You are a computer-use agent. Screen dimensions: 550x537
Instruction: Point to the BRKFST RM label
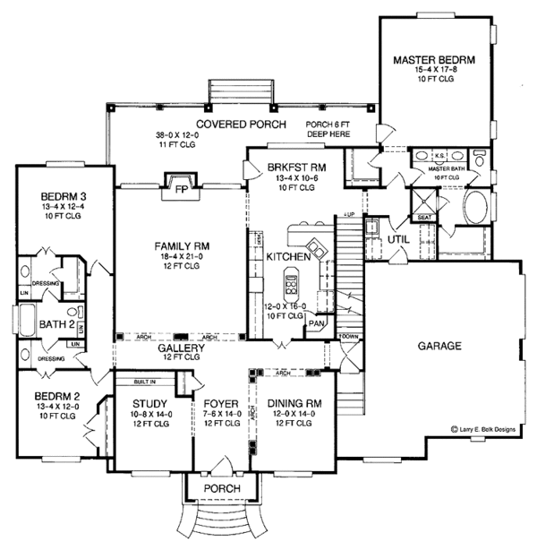pos(294,168)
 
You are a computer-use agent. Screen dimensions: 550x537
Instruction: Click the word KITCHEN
pos(288,257)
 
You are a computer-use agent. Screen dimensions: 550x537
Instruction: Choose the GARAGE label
pos(439,345)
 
